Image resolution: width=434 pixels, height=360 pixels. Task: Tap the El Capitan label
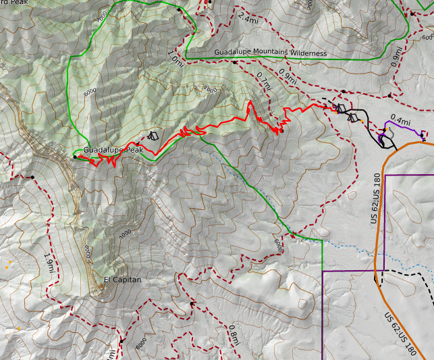[x=121, y=279]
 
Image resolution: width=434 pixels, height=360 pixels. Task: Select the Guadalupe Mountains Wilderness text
[x=271, y=53]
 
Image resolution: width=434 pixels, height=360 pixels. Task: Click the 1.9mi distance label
[x=48, y=264]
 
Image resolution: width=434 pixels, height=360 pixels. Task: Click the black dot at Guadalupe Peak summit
[x=75, y=157]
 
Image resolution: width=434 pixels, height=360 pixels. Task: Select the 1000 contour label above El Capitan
[x=125, y=234]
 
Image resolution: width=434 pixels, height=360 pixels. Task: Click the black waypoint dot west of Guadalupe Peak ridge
[x=32, y=177]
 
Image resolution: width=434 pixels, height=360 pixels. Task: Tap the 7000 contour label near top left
[x=102, y=16]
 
